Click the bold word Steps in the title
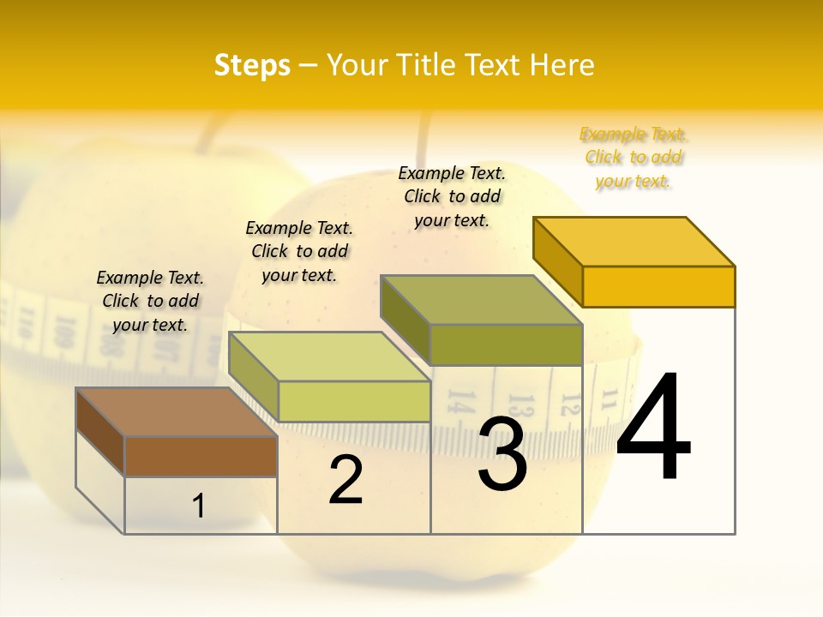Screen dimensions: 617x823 pyautogui.click(x=252, y=66)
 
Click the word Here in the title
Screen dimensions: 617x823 pyautogui.click(x=562, y=66)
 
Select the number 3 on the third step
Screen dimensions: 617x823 pyautogui.click(x=502, y=454)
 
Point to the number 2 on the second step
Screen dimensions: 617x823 pyautogui.click(x=345, y=480)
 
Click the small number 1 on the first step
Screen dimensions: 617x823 pyautogui.click(x=199, y=506)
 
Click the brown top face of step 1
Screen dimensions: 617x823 pyautogui.click(x=176, y=412)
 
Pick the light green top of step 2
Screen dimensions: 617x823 pyautogui.click(x=329, y=356)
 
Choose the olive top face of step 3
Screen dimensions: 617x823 pyautogui.click(x=481, y=300)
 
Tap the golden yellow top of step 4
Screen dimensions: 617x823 pyautogui.click(x=634, y=242)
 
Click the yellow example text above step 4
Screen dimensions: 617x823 pyautogui.click(x=633, y=158)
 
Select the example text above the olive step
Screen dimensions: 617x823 pyautogui.click(x=452, y=196)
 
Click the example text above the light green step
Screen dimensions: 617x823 pyautogui.click(x=299, y=251)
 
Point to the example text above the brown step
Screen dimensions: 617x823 pyautogui.click(x=150, y=301)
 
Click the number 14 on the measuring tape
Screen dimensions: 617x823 pyautogui.click(x=461, y=402)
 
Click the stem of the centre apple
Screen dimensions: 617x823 pyautogui.click(x=424, y=141)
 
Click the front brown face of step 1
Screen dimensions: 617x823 pyautogui.click(x=201, y=457)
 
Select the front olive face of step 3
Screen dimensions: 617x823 pyautogui.click(x=506, y=344)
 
